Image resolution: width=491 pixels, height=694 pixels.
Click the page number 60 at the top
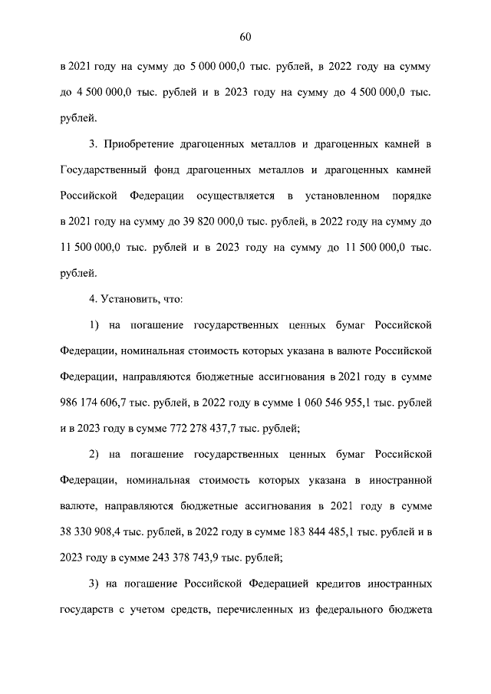[245, 37]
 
